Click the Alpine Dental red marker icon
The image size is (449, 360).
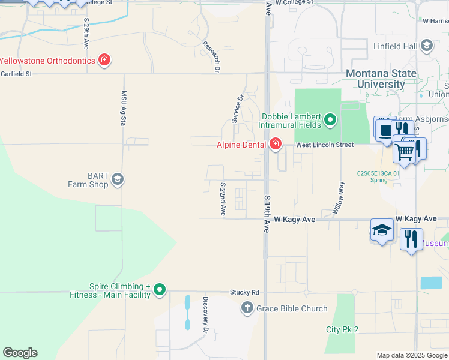coord(275,144)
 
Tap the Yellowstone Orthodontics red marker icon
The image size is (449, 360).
coord(104,60)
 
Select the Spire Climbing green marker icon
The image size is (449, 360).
coord(159,290)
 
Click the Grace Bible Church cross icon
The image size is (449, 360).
coord(247,308)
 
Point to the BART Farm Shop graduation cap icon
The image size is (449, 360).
coord(118,179)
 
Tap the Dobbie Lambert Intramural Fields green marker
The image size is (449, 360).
coord(330,121)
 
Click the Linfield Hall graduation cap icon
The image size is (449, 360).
coord(426,46)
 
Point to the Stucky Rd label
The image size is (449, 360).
coord(244,292)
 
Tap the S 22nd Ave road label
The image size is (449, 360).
coord(222,200)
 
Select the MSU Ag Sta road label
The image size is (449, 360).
coord(124,108)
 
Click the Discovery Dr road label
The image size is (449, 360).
coord(205,315)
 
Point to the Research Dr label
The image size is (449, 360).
coord(209,56)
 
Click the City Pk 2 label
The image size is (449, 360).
coord(342,329)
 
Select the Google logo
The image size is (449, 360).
coord(20,353)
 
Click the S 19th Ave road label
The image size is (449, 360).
coord(266,214)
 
